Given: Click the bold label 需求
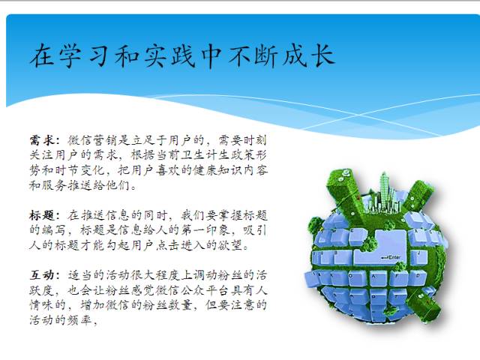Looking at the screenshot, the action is (43, 140).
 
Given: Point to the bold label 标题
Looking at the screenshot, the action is (43, 215).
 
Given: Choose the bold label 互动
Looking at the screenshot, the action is (43, 275).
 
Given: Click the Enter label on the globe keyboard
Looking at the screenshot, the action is (394, 257).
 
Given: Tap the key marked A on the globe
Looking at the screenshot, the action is (378, 278).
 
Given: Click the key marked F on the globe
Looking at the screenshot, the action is (398, 278).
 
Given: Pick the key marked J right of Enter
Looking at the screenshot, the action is (418, 258).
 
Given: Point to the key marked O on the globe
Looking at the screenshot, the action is (356, 278).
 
